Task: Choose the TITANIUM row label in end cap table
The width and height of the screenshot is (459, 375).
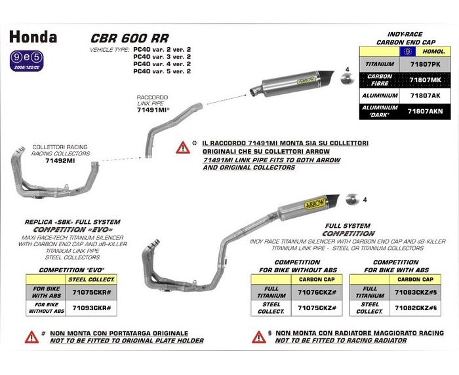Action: coord(380,65)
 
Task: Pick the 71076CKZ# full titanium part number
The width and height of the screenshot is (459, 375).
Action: coord(317,292)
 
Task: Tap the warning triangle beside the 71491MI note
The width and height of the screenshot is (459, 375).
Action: coord(182,147)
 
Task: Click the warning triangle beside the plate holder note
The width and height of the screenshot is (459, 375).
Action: coord(32,338)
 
